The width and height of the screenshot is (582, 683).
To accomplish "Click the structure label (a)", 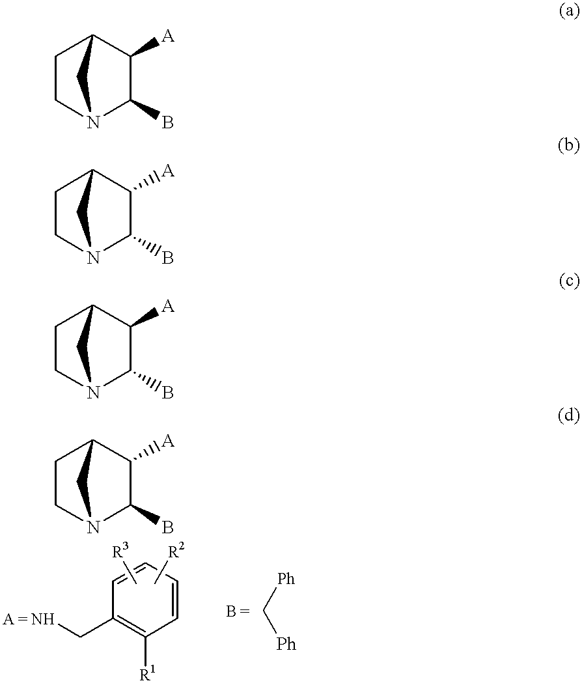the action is [569, 11].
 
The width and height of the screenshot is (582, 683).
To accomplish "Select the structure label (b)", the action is [569, 146].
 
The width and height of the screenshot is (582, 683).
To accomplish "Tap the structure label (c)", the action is [569, 281].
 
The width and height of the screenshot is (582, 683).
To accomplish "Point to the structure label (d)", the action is [569, 416].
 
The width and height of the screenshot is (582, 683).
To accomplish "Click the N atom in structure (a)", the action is [94, 122].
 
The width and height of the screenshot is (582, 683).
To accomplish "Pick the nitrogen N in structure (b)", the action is [94, 258].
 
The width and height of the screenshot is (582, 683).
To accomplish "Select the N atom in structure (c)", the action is [94, 393].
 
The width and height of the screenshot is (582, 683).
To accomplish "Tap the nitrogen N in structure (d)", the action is [94, 527].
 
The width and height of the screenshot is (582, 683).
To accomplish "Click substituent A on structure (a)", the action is [167, 37].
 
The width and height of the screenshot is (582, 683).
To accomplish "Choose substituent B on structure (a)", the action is [167, 122].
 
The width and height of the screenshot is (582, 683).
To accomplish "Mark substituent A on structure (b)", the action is [167, 172].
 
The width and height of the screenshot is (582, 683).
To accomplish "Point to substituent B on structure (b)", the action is [167, 258].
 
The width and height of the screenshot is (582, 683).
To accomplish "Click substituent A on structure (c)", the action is [167, 307].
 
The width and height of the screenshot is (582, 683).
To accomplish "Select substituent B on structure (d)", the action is [167, 527].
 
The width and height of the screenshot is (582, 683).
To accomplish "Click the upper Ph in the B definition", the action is [286, 579].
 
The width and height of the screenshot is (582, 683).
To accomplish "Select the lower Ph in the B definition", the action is [286, 644].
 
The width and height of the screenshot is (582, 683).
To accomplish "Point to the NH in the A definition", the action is [44, 619].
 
